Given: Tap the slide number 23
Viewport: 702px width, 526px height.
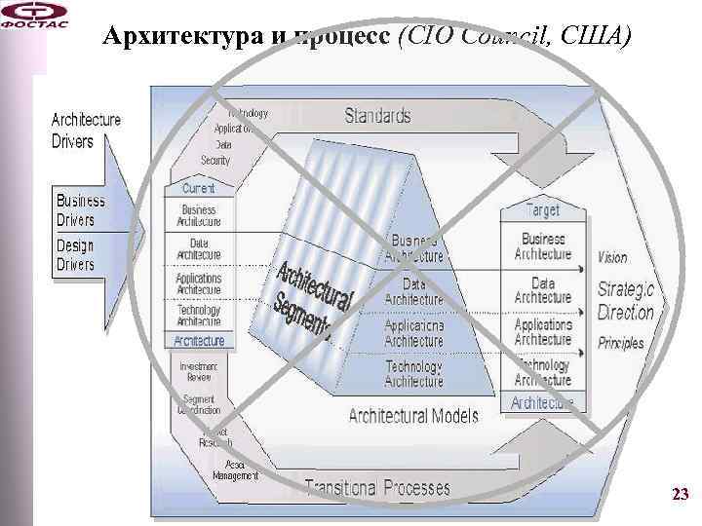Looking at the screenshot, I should (x=680, y=496).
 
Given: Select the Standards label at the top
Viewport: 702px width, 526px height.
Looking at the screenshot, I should (x=377, y=117).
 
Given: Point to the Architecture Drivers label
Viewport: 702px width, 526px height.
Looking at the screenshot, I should (x=86, y=131).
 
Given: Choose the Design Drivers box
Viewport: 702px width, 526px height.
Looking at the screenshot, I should (x=75, y=255).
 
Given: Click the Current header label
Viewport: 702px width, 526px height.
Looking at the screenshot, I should (x=198, y=188).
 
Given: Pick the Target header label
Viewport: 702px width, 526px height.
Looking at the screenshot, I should (x=543, y=210).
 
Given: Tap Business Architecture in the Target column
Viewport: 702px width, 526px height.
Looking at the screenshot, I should (x=543, y=246).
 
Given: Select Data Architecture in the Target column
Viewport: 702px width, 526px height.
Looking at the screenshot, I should (x=543, y=290).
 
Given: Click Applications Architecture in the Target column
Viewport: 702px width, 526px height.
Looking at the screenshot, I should (x=543, y=332).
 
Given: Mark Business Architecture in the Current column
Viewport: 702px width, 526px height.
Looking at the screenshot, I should (x=199, y=216).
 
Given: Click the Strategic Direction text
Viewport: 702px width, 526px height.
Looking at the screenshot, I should (x=625, y=301).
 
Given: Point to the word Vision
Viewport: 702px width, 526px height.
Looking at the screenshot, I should (x=612, y=258).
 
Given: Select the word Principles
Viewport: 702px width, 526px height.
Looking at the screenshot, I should (x=621, y=343).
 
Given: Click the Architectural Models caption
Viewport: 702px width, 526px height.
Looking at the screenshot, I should (x=413, y=416).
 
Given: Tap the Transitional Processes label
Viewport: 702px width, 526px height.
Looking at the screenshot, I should (x=376, y=487).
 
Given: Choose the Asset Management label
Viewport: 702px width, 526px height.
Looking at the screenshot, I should (x=236, y=470).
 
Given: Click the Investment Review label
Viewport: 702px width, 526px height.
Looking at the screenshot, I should (x=199, y=371).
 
